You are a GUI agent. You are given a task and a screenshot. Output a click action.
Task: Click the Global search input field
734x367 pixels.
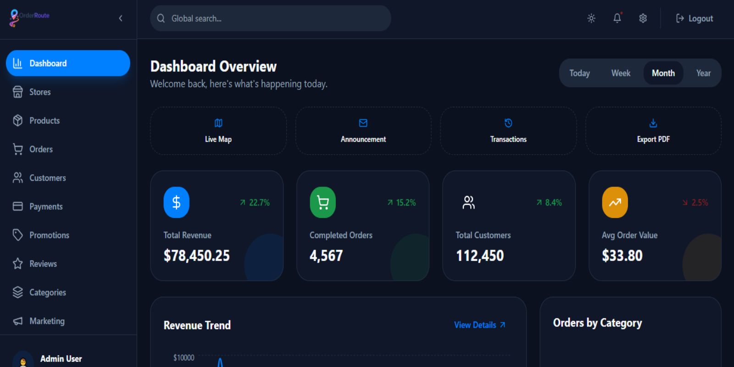tap(275, 18)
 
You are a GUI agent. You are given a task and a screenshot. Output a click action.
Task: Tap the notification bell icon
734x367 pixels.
tap(617, 18)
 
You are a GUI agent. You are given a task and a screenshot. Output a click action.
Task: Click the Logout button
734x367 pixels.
tap(695, 18)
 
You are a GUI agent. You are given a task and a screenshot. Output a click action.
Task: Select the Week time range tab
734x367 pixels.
tap(621, 73)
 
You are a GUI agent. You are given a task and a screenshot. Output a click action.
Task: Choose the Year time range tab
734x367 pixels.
tap(703, 73)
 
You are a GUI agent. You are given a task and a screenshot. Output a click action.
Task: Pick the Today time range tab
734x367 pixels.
tap(579, 73)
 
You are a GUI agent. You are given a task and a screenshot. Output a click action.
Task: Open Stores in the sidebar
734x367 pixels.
tap(40, 92)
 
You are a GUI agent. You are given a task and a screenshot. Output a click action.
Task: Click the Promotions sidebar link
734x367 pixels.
tap(49, 235)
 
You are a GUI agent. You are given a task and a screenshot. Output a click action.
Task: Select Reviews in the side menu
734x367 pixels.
tap(43, 264)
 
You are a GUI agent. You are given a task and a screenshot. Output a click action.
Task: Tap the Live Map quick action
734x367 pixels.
tap(218, 131)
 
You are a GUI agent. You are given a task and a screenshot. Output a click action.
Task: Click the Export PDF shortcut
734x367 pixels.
tap(653, 131)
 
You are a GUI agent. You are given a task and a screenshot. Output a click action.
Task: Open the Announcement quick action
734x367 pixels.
tap(363, 131)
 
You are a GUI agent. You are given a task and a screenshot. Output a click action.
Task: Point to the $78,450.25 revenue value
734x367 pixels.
tap(197, 256)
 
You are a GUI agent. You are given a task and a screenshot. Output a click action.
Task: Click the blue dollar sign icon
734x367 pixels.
tap(176, 202)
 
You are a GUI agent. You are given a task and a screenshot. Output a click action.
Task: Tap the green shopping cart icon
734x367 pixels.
tap(323, 202)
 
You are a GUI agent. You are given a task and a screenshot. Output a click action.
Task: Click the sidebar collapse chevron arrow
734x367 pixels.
tap(121, 18)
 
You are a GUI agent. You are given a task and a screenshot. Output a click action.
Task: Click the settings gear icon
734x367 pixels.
tap(643, 18)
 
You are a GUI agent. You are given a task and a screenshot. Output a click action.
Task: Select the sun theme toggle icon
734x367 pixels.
tap(591, 18)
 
